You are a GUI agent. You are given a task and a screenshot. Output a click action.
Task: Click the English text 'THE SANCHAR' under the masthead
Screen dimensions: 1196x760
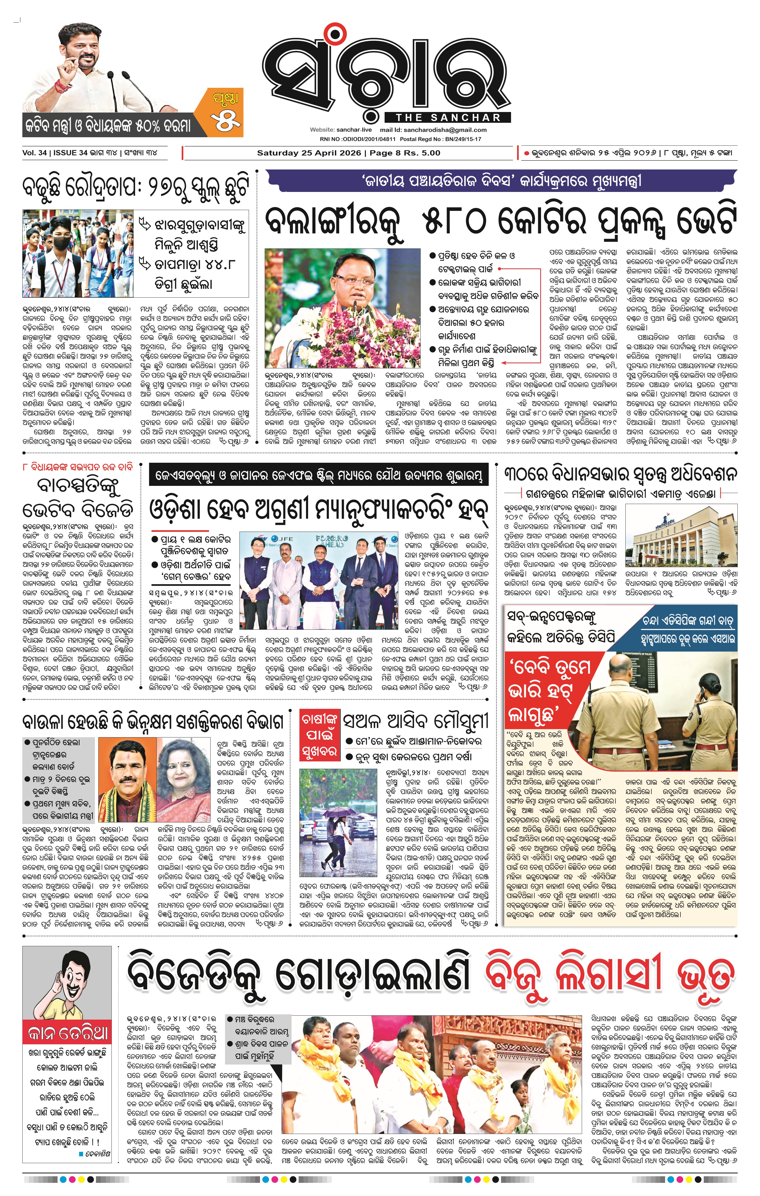(448, 118)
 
